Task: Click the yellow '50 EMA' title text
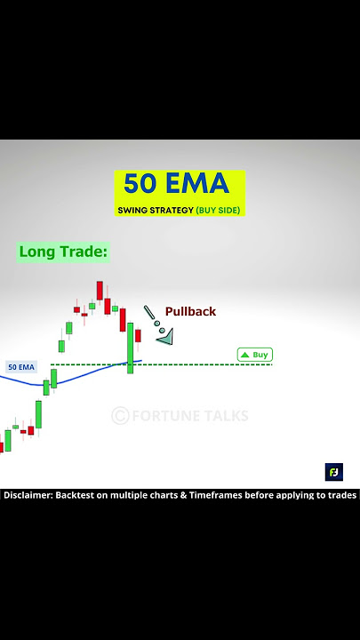[176, 184]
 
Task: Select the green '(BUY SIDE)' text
[218, 211]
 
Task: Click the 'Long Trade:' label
[62, 252]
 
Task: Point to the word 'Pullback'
[190, 311]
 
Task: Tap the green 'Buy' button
[254, 355]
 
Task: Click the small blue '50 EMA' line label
[20, 366]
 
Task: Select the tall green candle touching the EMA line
[131, 348]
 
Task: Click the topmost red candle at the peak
[100, 291]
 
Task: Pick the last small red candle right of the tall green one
[138, 340]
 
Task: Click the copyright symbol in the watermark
[120, 416]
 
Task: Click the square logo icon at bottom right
[333, 472]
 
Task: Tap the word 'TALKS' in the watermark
[225, 416]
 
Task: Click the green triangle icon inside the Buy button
[244, 355]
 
